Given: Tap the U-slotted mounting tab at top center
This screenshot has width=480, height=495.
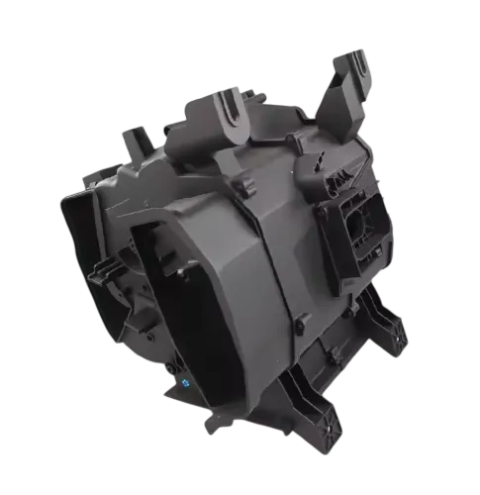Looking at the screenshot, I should point(233,110).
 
